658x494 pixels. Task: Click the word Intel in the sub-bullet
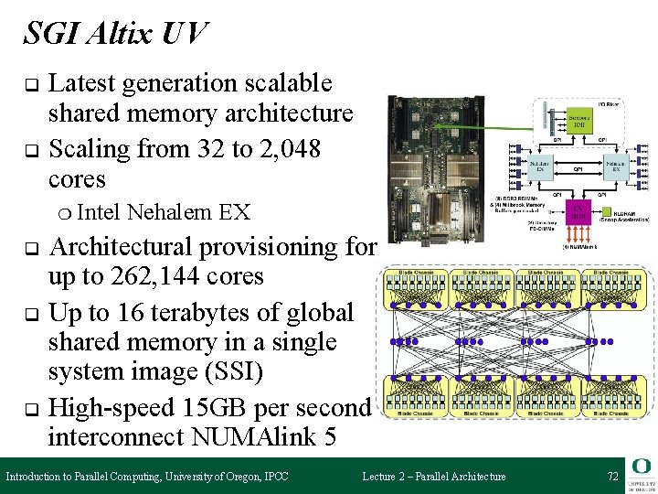pos(100,212)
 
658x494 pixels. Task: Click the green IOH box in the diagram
pos(578,120)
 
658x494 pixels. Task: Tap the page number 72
pos(612,477)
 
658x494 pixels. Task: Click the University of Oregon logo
pos(639,474)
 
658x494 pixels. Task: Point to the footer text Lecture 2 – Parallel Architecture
pos(433,477)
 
